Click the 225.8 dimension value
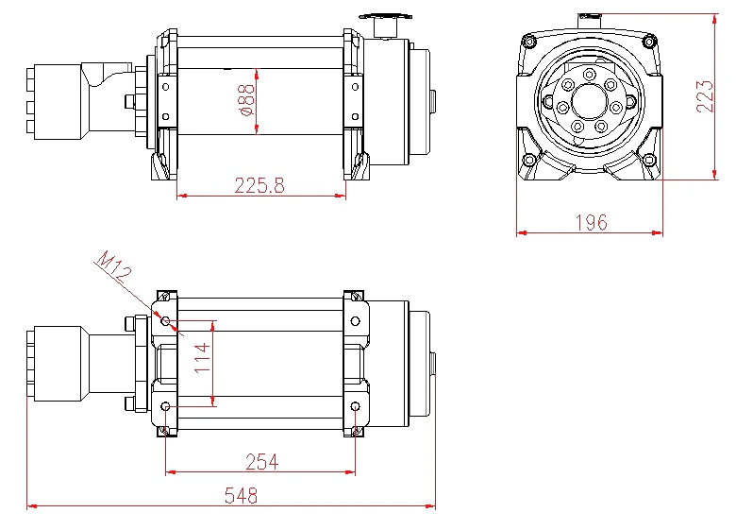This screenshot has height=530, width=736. [259, 185]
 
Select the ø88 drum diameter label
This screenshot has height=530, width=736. [246, 100]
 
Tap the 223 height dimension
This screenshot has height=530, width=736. [705, 96]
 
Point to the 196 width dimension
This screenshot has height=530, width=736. [592, 222]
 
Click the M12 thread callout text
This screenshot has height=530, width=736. [113, 266]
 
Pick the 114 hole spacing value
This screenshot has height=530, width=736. [202, 358]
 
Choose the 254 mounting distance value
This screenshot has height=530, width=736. [262, 462]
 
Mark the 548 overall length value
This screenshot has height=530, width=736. [241, 496]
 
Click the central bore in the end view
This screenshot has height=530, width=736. [590, 101]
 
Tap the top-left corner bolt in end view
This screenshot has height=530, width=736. [529, 42]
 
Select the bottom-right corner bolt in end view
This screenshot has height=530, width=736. [649, 161]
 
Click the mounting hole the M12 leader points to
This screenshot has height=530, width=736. [166, 321]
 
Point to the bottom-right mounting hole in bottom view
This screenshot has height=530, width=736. [356, 406]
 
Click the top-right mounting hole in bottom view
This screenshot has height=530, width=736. [356, 321]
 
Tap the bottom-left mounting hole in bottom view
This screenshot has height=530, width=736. [166, 406]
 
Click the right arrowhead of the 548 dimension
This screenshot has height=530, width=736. [430, 506]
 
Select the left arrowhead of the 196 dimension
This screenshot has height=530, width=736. [522, 232]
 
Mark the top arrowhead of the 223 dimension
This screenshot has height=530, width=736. [714, 19]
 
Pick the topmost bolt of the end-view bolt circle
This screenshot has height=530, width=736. [590, 75]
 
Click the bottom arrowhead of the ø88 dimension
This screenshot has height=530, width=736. [257, 129]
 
